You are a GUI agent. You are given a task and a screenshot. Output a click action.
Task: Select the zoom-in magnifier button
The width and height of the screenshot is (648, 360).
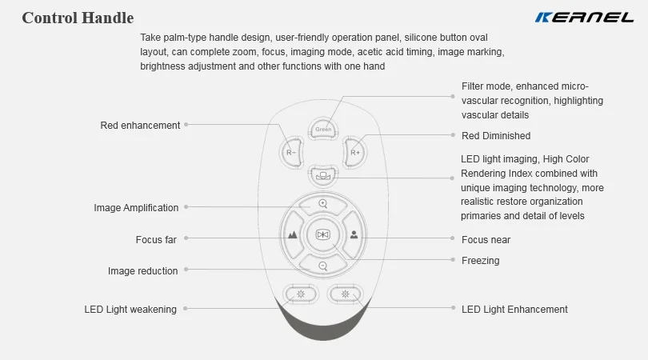(322, 204)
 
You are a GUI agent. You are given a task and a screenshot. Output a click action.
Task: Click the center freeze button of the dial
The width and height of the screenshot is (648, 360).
(322, 234)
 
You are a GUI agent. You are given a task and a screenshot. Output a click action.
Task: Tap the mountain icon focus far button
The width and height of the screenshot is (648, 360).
(292, 235)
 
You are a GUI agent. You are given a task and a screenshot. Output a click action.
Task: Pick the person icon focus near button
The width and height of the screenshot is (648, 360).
(354, 235)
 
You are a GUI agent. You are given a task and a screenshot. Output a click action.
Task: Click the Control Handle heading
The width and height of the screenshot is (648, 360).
(78, 18)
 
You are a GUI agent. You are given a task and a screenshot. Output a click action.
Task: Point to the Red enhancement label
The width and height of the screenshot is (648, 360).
(140, 126)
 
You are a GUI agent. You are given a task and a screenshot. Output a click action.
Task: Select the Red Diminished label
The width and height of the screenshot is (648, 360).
(496, 136)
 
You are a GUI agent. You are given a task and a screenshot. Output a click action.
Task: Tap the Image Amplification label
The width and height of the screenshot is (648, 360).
(136, 208)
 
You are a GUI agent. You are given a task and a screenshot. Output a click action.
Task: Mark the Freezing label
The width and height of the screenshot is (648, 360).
(480, 260)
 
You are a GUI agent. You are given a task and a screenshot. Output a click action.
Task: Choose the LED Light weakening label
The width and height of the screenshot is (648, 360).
(130, 310)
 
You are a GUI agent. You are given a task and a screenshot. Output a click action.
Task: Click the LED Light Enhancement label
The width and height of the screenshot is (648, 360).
(514, 310)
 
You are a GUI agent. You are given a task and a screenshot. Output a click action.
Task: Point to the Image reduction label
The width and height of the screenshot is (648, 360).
(142, 271)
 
